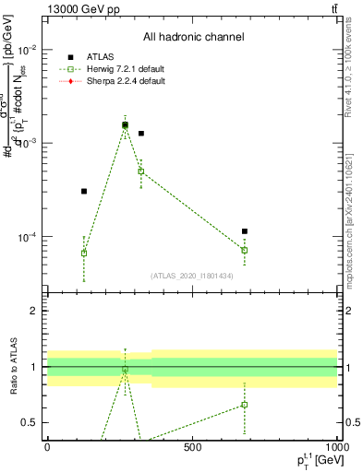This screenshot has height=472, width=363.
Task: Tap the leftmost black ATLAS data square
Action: point(84,191)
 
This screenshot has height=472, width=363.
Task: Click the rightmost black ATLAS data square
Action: point(245,231)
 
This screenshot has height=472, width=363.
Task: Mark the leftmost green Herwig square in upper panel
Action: point(84,253)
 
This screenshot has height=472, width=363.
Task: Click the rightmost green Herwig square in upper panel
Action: point(245,250)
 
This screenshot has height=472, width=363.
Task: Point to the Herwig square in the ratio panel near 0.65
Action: point(245,405)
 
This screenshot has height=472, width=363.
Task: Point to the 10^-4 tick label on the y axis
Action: point(28,237)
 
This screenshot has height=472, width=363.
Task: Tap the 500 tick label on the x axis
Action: point(192,448)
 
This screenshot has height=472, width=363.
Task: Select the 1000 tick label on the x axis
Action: point(336,448)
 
